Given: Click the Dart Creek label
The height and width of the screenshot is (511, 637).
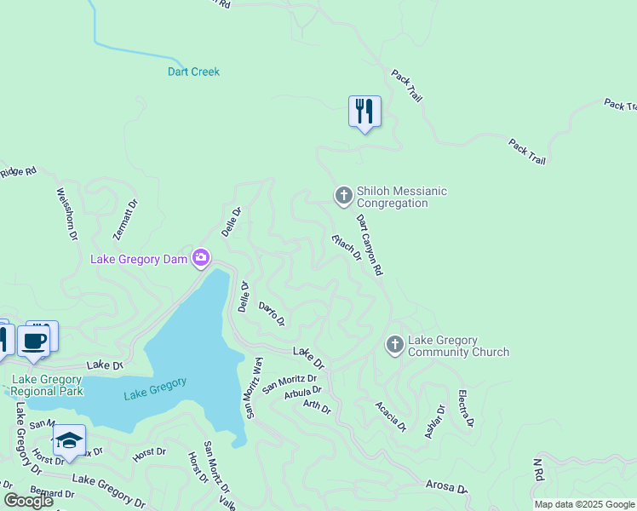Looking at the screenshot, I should (x=193, y=72).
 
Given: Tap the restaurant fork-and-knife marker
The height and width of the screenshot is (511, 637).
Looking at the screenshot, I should (x=364, y=112).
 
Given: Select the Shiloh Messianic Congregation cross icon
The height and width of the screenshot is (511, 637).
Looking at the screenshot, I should (x=343, y=197).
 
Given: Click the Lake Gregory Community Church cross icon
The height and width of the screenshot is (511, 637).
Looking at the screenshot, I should (x=394, y=345).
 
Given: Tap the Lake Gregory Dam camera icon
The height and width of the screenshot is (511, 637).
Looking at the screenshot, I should (x=201, y=257).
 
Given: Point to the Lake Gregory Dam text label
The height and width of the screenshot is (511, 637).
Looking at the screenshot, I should (x=139, y=258).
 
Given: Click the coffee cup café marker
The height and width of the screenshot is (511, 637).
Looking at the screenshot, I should (x=34, y=342).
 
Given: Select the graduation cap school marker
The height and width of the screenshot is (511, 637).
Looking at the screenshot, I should (x=69, y=440).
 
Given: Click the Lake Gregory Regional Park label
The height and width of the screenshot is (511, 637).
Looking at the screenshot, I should (x=47, y=385).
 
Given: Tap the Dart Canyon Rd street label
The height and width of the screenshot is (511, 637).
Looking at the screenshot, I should (x=370, y=244).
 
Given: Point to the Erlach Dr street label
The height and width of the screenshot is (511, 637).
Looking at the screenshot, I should (x=347, y=248).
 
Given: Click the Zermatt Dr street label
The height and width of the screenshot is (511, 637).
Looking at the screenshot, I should (x=124, y=219).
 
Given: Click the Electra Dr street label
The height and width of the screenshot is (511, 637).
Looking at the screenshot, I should (x=465, y=408).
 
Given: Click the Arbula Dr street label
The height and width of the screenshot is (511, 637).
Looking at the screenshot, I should (x=303, y=392).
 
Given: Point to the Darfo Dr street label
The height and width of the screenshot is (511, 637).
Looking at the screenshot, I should (x=271, y=314).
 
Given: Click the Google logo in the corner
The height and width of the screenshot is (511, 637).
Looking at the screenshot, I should (x=28, y=501).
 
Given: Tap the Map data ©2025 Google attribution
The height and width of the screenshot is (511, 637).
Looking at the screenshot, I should (x=584, y=504).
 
